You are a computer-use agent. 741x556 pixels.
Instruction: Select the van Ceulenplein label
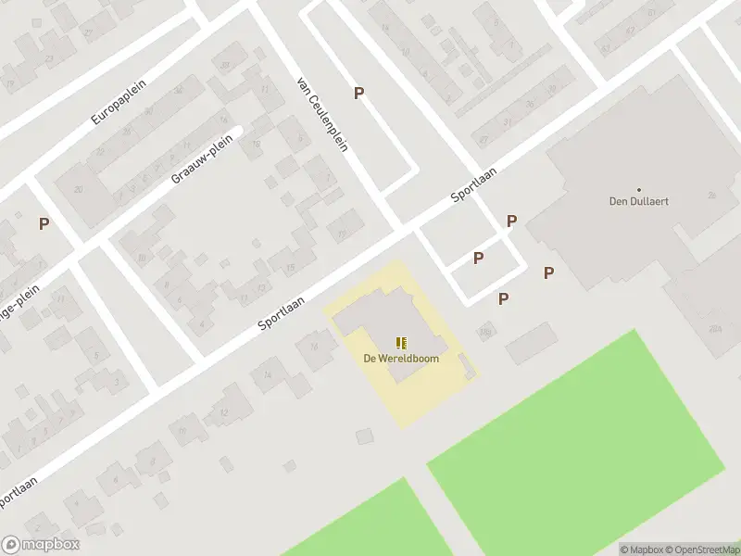(x=321, y=113)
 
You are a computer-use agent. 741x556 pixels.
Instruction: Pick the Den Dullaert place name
(x=638, y=200)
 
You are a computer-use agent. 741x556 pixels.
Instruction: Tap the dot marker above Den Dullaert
(x=638, y=188)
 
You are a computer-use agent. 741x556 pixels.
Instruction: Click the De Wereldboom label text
(x=401, y=358)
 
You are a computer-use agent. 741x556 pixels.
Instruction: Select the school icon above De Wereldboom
(x=401, y=343)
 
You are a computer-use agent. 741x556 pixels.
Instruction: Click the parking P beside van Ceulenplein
(x=358, y=93)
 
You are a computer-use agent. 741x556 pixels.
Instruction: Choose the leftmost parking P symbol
(x=44, y=223)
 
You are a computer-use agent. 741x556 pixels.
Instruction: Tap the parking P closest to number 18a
(x=503, y=298)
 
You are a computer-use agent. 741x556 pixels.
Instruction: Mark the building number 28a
(x=715, y=329)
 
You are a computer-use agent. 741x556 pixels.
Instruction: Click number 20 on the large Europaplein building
(x=79, y=190)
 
